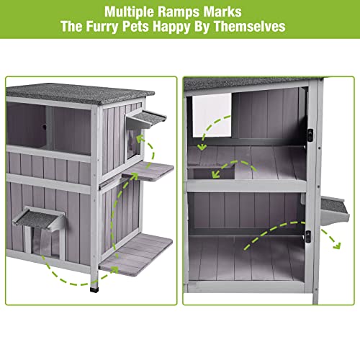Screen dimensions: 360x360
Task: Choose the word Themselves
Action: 249,26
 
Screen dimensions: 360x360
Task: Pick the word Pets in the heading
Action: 135,27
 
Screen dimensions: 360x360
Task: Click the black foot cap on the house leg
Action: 94,289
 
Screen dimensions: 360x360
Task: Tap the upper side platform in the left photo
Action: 148,171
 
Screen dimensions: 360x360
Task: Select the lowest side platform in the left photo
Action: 136,255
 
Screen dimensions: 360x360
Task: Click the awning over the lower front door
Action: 38,218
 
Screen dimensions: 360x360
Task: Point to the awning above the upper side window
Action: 146,120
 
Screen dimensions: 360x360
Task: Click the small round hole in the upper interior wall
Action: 44,127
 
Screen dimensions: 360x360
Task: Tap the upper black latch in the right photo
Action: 310,134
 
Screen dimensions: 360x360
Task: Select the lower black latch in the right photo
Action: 308,236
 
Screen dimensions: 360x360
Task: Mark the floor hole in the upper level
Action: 211,172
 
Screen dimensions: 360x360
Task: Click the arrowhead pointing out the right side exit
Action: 338,246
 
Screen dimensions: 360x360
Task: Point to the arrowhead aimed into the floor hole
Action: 216,174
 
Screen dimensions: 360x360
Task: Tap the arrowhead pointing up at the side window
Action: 140,139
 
